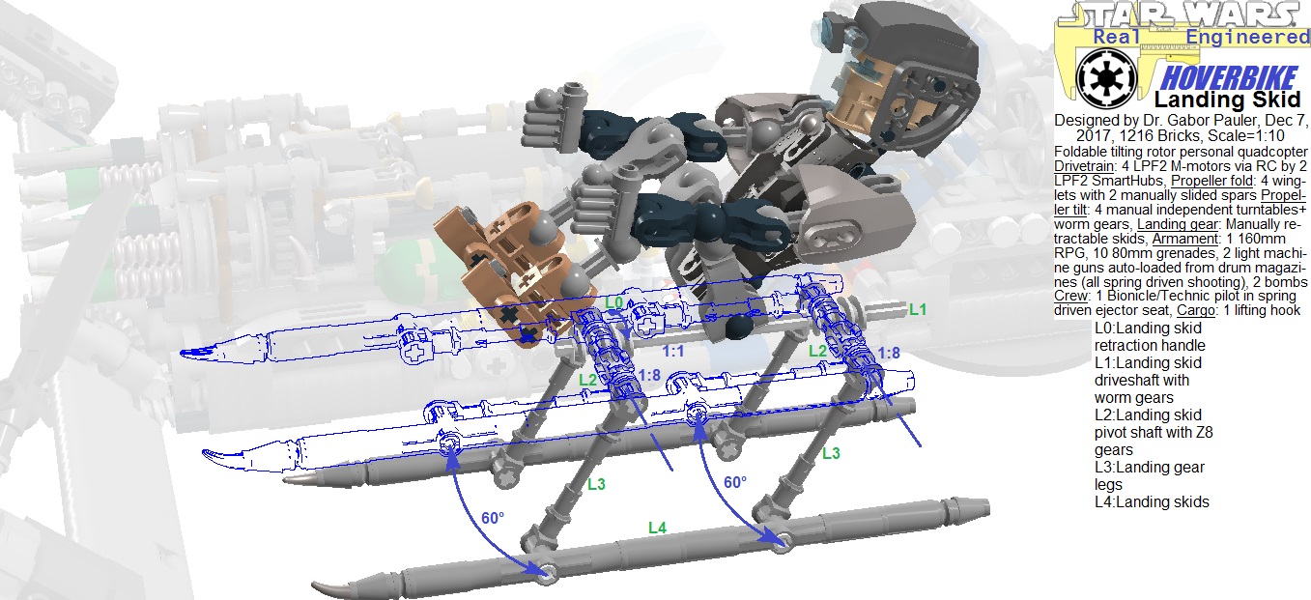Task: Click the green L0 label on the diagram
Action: click(x=613, y=302)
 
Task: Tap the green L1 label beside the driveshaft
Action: click(x=918, y=309)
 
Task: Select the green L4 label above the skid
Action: click(x=657, y=528)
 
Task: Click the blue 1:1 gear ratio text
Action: click(x=673, y=351)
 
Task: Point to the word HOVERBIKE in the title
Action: click(x=1229, y=78)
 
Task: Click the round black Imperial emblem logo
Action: click(x=1106, y=78)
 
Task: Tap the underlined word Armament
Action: click(x=1185, y=239)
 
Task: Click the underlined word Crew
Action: click(x=1070, y=296)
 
